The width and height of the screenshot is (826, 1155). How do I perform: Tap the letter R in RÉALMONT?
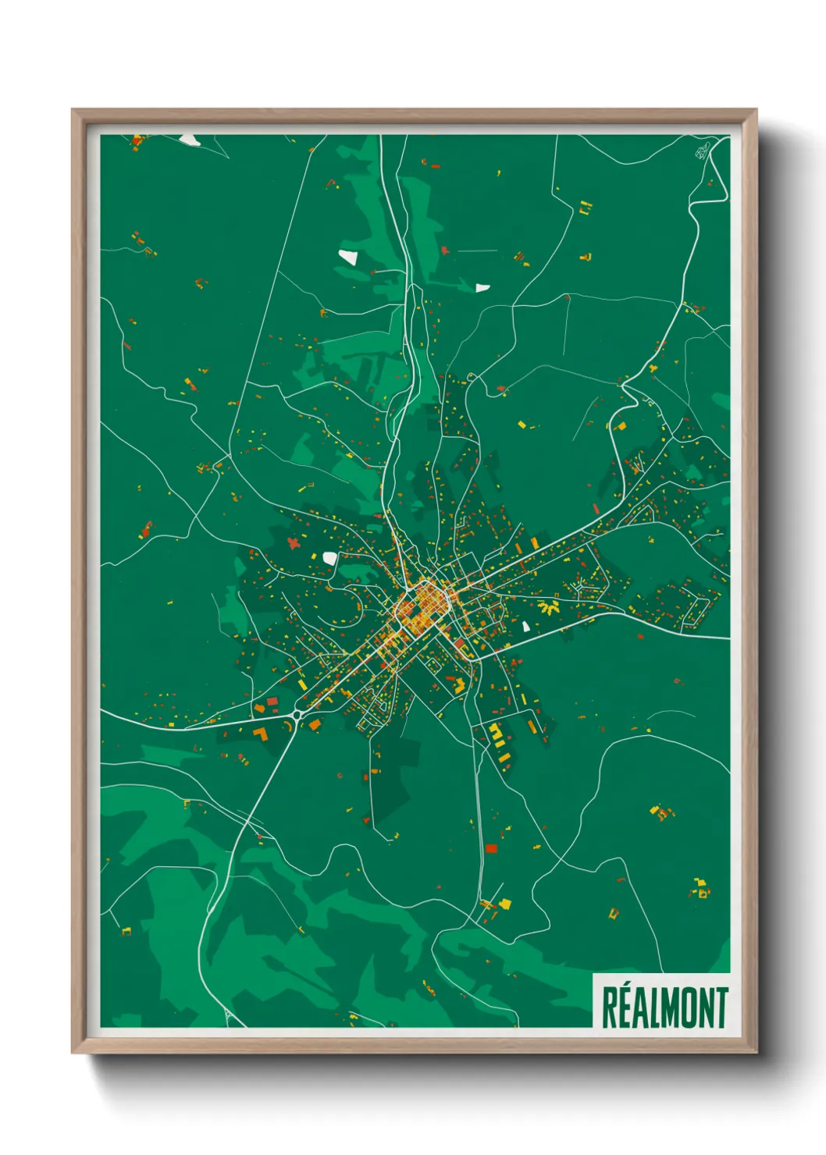coord(609,1009)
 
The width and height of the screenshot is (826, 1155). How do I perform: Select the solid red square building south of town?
coord(491,848)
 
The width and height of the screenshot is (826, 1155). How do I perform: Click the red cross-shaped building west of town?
coord(294,542)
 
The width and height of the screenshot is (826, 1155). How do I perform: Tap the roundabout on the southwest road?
coord(297,714)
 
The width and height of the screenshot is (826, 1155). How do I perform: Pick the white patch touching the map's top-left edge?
coord(190,140)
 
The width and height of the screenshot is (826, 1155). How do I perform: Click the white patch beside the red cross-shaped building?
coord(329,558)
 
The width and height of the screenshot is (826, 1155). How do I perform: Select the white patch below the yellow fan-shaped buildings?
coord(526,626)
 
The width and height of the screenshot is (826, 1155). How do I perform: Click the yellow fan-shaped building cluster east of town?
coord(549,606)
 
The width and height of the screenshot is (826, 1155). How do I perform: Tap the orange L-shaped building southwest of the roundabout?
coord(260,733)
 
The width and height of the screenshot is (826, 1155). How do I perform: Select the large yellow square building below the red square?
coord(504,904)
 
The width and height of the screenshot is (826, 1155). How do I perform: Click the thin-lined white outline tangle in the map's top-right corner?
coord(703,151)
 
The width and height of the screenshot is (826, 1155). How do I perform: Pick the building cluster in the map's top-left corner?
coord(137,141)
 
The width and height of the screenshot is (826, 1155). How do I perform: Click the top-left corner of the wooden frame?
coord(73,111)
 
